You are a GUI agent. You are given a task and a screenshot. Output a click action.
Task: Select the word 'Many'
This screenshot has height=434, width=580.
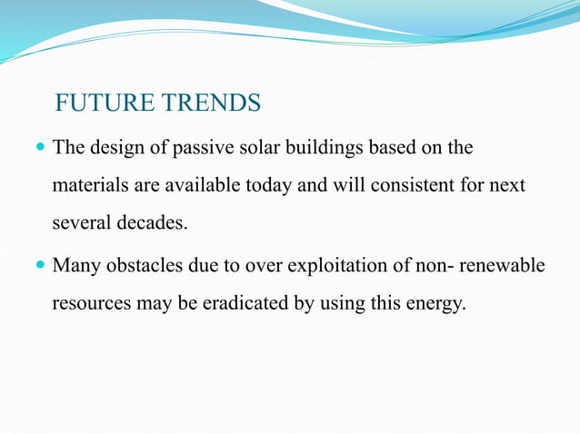pos(75,266)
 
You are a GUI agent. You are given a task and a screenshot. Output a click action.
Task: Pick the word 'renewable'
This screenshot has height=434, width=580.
pos(501,266)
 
